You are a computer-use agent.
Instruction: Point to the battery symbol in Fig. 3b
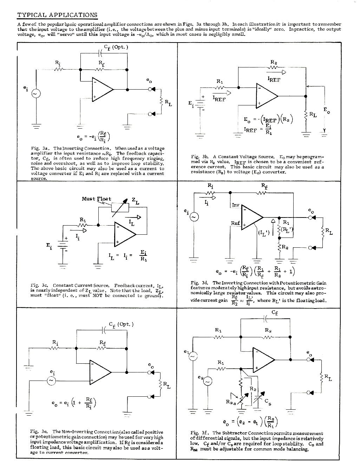coord(200,105)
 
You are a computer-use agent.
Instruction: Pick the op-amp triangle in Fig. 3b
coord(266,96)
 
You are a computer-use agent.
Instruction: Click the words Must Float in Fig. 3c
coord(96,199)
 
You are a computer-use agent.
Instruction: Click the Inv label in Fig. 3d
coord(235,204)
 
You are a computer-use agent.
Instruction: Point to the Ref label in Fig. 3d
coord(235,223)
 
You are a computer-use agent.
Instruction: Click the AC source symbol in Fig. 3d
coord(194,217)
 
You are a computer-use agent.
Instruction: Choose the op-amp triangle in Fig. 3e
coord(100,372)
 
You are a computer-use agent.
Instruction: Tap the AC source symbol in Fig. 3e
coord(51,381)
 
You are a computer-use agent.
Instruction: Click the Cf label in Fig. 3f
coord(275,312)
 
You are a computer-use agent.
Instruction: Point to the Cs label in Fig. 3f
coord(268,401)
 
